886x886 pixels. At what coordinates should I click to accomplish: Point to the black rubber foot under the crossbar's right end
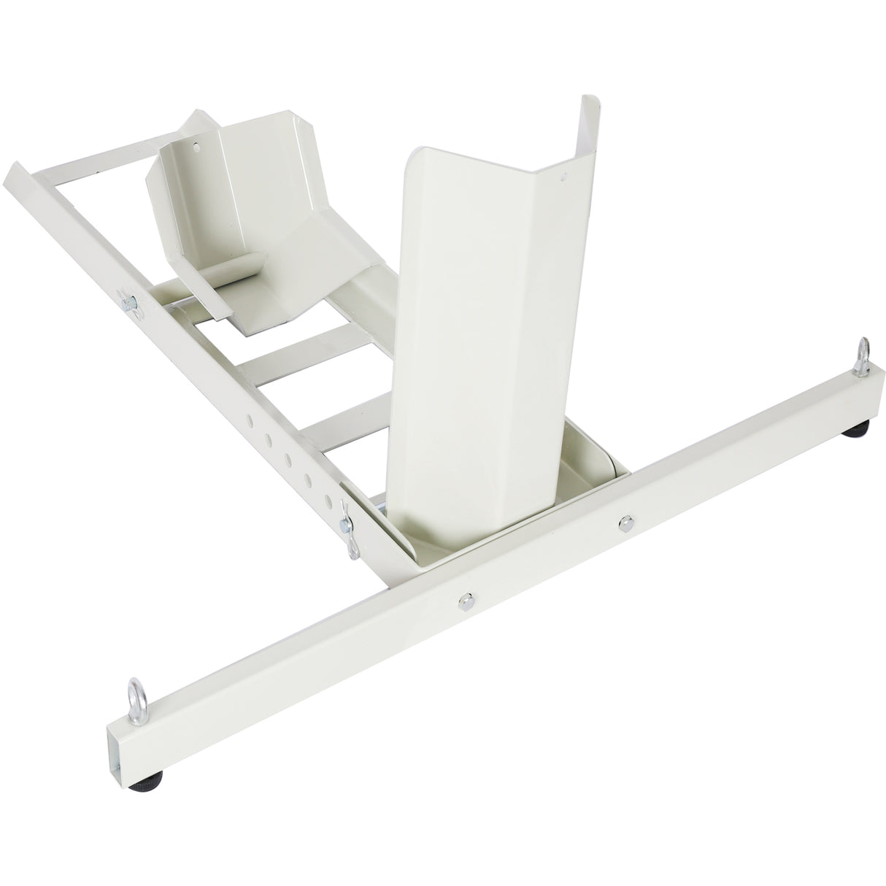[853, 434]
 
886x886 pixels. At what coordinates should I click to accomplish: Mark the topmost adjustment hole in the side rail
[250, 421]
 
